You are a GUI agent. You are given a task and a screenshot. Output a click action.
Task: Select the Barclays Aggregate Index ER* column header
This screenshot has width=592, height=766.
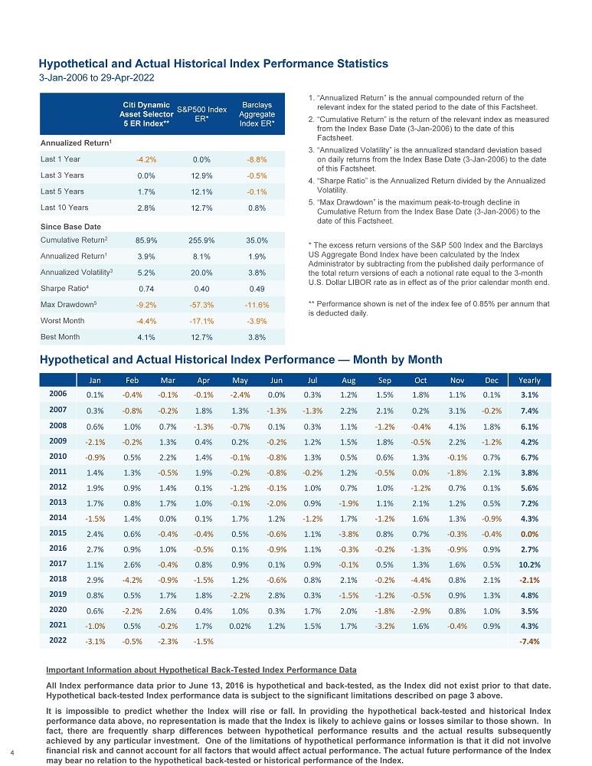click(x=257, y=114)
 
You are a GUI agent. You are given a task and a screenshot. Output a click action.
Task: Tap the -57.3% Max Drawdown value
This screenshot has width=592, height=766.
click(x=202, y=305)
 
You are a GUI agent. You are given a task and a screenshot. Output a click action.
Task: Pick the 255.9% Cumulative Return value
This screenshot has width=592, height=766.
click(x=202, y=241)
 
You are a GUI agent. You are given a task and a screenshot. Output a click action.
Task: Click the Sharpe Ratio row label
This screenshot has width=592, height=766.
click(x=64, y=288)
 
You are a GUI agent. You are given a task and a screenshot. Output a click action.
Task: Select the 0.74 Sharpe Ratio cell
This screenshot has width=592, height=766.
click(x=146, y=288)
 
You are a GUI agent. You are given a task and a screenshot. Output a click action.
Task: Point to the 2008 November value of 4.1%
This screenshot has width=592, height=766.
click(x=457, y=427)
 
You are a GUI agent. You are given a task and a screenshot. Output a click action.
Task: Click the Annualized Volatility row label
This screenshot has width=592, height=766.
click(x=77, y=272)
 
